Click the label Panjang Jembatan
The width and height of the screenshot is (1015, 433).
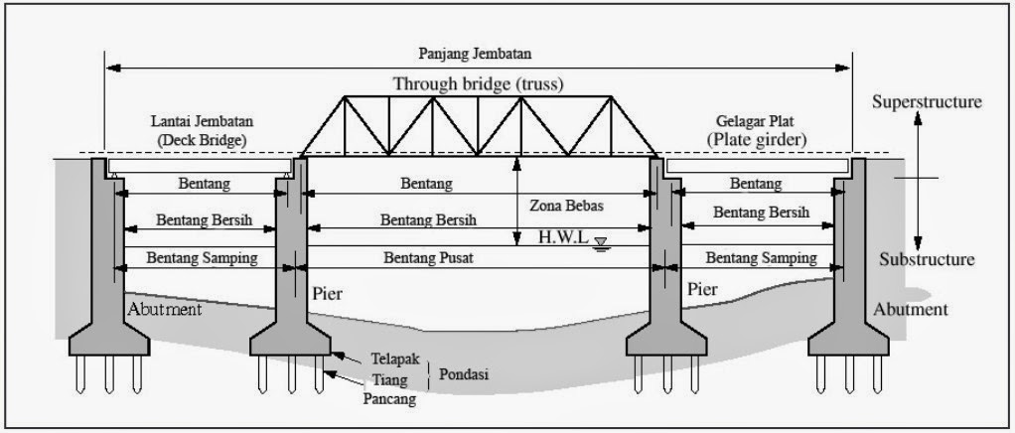tap(475, 54)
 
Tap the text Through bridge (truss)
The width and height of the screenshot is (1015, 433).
tap(479, 83)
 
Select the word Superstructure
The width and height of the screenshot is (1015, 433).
tap(927, 101)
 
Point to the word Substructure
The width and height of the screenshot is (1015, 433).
tap(927, 260)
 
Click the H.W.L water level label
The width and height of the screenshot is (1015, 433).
tap(564, 237)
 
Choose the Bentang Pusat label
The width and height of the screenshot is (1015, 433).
tap(428, 257)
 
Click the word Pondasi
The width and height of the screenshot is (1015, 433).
tap(463, 374)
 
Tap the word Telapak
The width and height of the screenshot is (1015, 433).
tap(394, 358)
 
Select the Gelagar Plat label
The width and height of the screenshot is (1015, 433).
tap(754, 121)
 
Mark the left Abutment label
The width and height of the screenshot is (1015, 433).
tap(165, 309)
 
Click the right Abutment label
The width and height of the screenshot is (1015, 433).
tap(911, 309)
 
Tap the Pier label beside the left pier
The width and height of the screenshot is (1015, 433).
tap(328, 294)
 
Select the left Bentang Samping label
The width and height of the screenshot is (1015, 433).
tap(202, 257)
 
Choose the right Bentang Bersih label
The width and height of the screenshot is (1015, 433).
tap(761, 212)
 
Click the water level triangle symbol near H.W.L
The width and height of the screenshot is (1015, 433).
tap(601, 243)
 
